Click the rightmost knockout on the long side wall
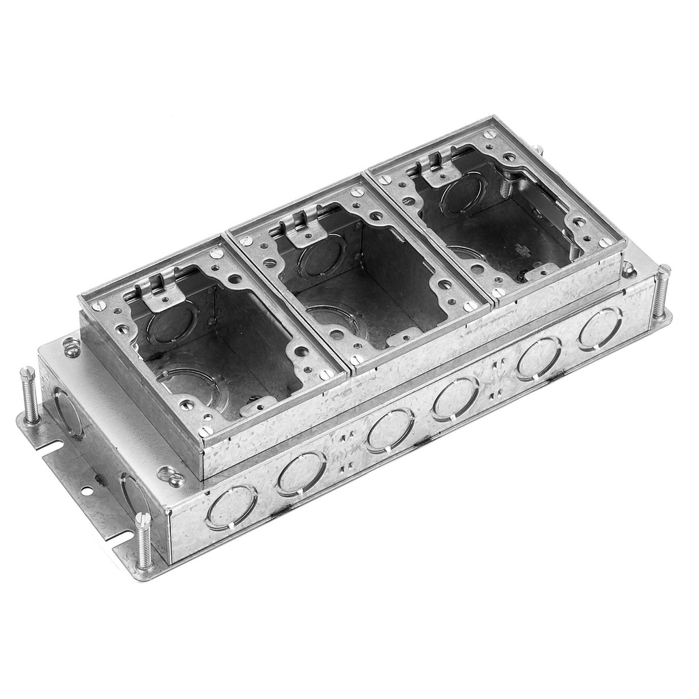(600, 328)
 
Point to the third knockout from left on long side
(389, 430)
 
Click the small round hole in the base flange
(87, 490)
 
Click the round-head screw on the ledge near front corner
(171, 476)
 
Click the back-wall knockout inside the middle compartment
(321, 257)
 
